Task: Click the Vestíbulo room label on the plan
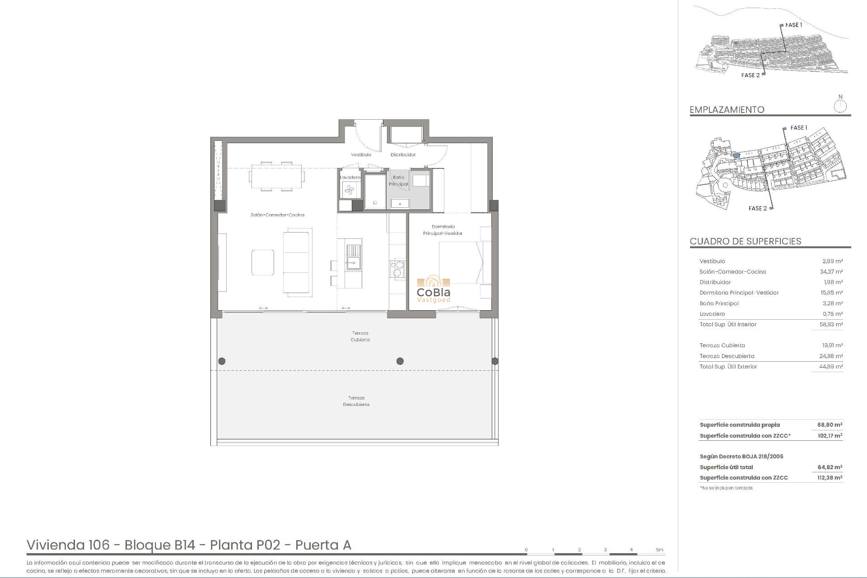pos(361,155)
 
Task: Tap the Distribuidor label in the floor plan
pos(403,155)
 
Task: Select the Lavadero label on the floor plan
pos(350,177)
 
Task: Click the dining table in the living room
pos(276,176)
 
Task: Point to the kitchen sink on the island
pos(353,256)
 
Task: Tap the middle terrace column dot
pos(400,361)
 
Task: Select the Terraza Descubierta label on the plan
pos(356,401)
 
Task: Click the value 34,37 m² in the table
pos(831,272)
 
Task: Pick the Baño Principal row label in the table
pos(719,303)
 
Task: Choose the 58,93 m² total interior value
pos(831,325)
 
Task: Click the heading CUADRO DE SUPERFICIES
pos(745,241)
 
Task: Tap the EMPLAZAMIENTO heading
pos(727,110)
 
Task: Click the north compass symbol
pos(840,106)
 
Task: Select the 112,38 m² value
pos(830,478)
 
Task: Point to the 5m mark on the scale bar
pos(660,550)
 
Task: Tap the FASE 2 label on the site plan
pos(757,209)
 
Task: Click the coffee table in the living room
pos(263,262)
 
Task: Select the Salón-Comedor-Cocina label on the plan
pos(277,215)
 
